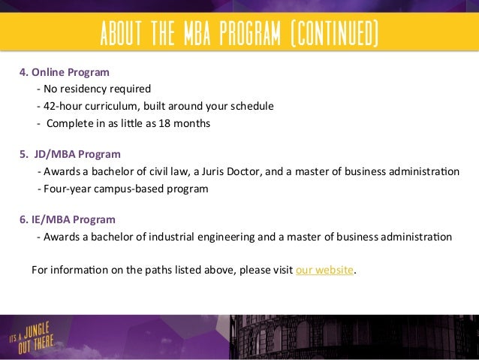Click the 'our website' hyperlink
coord(324,271)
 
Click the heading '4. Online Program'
coord(64,74)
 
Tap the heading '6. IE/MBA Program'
coord(67,220)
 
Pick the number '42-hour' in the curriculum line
coord(62,106)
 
